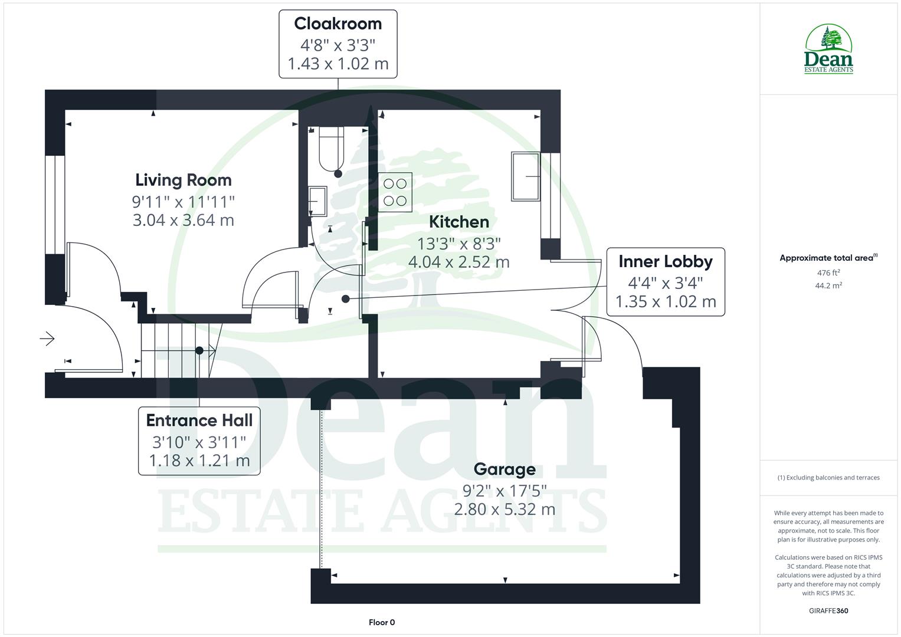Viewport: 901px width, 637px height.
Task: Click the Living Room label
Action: pyautogui.click(x=183, y=180)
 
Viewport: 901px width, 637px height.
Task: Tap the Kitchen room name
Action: pyautogui.click(x=458, y=222)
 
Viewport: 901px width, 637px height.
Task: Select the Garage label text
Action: pyautogui.click(x=504, y=469)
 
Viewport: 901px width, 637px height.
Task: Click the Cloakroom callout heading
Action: pyautogui.click(x=338, y=24)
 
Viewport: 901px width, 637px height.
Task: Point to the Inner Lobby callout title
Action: pyautogui.click(x=665, y=261)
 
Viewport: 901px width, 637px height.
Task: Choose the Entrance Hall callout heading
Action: pyautogui.click(x=199, y=420)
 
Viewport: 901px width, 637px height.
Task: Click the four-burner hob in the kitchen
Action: pyautogui.click(x=395, y=192)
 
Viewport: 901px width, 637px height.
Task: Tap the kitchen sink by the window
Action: pyautogui.click(x=525, y=176)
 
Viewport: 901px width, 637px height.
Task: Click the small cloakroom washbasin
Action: pyautogui.click(x=317, y=201)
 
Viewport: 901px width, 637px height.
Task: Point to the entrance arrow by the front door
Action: pyautogui.click(x=47, y=339)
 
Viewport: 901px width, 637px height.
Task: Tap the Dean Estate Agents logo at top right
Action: pyautogui.click(x=828, y=50)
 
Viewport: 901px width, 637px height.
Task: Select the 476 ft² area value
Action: pyautogui.click(x=828, y=272)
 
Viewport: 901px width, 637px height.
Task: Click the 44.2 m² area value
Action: pyautogui.click(x=828, y=285)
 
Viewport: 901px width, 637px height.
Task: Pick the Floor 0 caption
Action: pyautogui.click(x=381, y=622)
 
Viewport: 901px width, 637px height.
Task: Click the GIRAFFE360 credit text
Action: pyautogui.click(x=828, y=610)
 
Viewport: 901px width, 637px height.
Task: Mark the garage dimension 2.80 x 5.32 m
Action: pyautogui.click(x=504, y=509)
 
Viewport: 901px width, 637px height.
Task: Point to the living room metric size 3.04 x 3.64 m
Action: pyautogui.click(x=183, y=220)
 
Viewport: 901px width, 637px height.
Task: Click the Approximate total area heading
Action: pyautogui.click(x=828, y=258)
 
